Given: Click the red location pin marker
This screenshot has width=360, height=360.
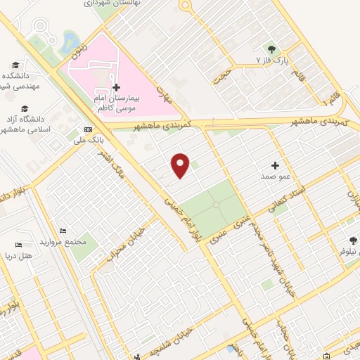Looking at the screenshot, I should (x=181, y=165).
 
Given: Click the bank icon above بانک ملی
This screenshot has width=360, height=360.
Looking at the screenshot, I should (x=88, y=129).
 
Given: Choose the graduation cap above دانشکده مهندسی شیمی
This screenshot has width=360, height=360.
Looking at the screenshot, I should (x=25, y=64).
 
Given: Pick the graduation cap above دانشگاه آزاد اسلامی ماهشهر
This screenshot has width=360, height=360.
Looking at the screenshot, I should (x=25, y=108).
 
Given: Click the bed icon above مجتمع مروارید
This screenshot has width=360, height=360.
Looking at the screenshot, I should (x=64, y=231).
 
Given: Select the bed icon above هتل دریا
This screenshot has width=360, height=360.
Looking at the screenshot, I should (x=18, y=245).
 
